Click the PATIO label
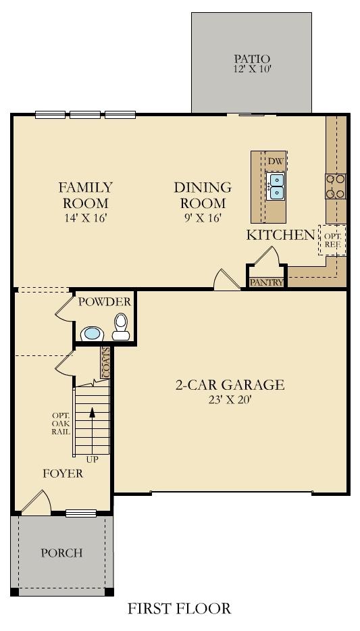(x=252, y=59)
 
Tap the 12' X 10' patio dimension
(x=252, y=69)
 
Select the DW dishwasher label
(x=276, y=161)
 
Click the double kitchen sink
(x=277, y=186)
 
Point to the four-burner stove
(x=336, y=186)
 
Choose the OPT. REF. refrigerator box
(x=332, y=240)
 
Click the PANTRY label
(x=267, y=282)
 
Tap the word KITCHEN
(x=280, y=235)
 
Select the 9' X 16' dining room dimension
(x=203, y=218)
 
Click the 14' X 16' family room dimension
(x=85, y=218)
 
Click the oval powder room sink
(x=92, y=334)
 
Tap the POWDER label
(x=105, y=302)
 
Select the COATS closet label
(x=106, y=363)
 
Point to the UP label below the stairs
(x=92, y=459)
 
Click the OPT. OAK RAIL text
(x=61, y=424)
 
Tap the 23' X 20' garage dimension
(x=230, y=400)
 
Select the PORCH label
(x=62, y=553)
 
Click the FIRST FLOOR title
(x=180, y=609)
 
